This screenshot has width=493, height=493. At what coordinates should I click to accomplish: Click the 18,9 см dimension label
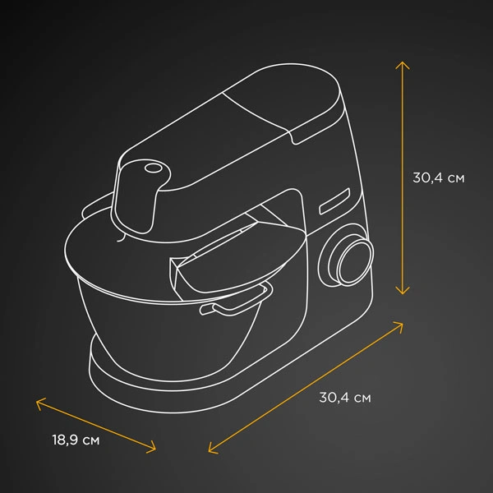pyautogui.click(x=76, y=440)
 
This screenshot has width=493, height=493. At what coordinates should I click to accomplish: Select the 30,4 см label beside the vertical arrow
pyautogui.click(x=438, y=177)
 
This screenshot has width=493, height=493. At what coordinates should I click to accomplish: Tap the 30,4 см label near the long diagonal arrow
pyautogui.click(x=345, y=398)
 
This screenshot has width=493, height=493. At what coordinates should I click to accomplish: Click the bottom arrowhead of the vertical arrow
pyautogui.click(x=403, y=291)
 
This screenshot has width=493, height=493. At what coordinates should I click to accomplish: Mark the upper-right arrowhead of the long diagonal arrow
pyautogui.click(x=399, y=325)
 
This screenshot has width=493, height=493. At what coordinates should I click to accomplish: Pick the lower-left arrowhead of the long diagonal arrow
pyautogui.click(x=212, y=449)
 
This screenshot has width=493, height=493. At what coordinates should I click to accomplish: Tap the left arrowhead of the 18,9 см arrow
pyautogui.click(x=39, y=403)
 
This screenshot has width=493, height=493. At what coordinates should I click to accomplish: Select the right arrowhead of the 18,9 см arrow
pyautogui.click(x=153, y=448)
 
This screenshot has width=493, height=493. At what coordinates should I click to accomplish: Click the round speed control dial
pyautogui.click(x=355, y=261)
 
